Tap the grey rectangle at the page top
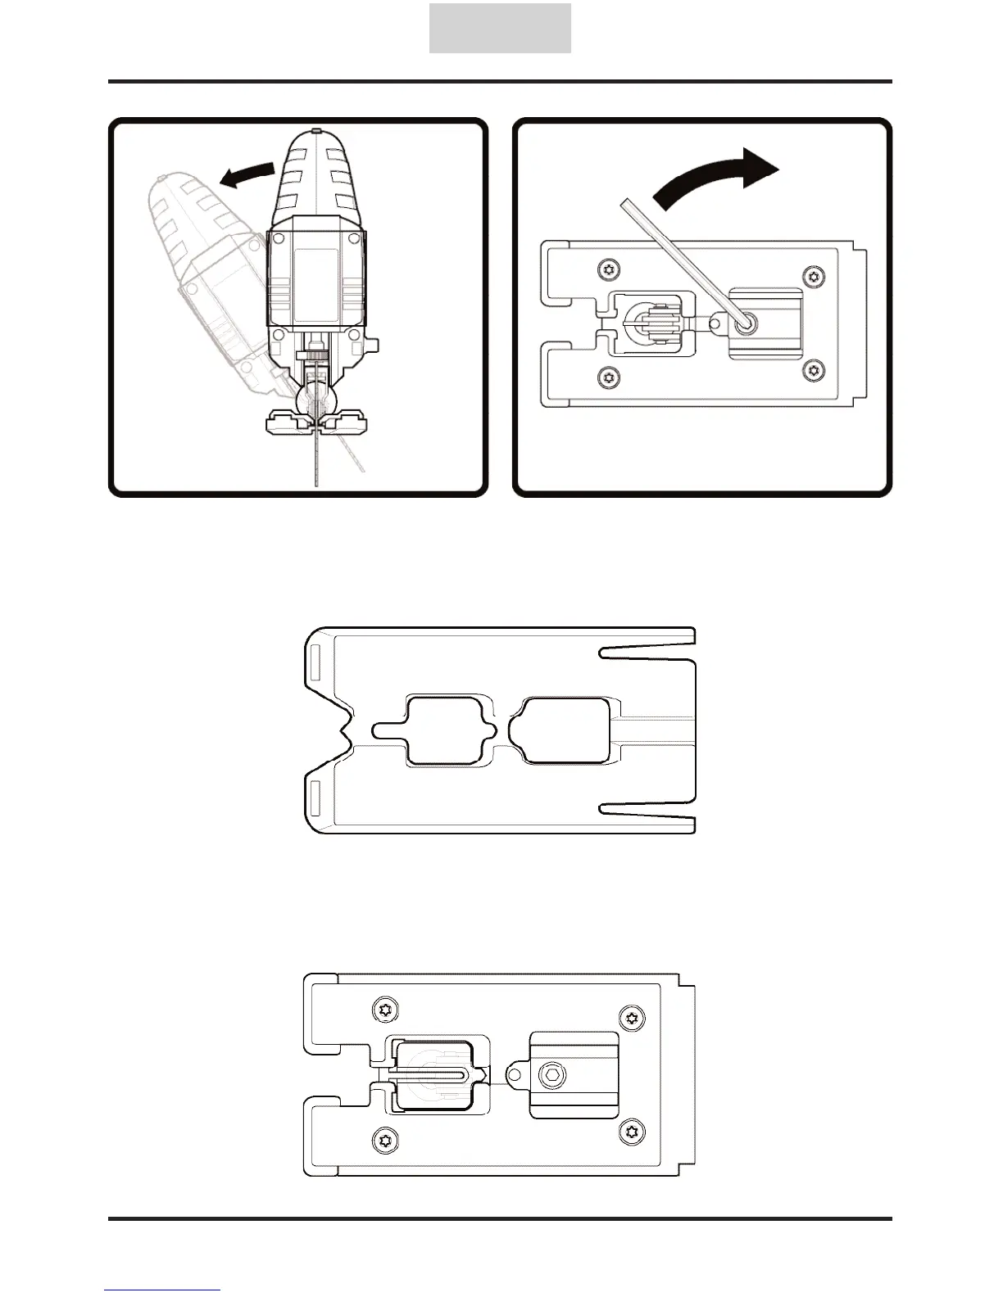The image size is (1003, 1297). click(x=500, y=29)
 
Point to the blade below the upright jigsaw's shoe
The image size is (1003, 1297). click(x=315, y=459)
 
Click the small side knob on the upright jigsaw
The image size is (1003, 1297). click(x=373, y=346)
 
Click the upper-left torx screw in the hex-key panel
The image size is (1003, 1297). click(x=608, y=269)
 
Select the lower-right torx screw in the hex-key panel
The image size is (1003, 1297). click(x=813, y=371)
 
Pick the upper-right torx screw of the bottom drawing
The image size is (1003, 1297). click(x=631, y=1018)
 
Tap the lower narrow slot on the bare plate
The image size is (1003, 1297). click(x=647, y=809)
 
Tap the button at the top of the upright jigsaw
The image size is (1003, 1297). click(x=315, y=131)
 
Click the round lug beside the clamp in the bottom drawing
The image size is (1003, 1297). click(x=515, y=1073)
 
